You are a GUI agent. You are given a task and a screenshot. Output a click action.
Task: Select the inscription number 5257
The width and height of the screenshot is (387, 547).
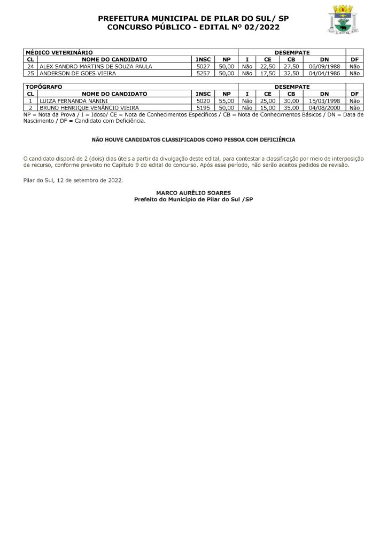tap(203, 74)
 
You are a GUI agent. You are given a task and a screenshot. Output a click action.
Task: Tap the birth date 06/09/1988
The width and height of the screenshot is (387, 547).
tap(324, 67)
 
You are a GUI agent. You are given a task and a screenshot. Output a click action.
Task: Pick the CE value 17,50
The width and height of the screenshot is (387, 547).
tap(267, 74)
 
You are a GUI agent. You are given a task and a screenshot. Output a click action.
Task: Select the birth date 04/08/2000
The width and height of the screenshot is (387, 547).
tap(324, 107)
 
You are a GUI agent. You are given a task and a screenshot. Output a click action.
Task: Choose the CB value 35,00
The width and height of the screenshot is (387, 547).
tap(291, 107)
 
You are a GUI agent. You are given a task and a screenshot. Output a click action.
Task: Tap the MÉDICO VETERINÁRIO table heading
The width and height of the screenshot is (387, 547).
tap(59, 53)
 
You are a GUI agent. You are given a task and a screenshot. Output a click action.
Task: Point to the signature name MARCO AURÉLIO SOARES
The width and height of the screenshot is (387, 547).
tap(193, 192)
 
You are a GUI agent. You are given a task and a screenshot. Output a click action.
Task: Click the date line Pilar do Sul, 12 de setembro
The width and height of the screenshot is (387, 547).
tap(73, 180)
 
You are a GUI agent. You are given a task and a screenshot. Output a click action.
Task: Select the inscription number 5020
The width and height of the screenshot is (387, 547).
tap(203, 100)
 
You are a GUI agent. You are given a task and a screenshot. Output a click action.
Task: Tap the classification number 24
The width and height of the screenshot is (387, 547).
tap(30, 67)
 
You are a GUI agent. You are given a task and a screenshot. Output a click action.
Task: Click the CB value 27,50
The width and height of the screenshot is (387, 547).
tap(291, 67)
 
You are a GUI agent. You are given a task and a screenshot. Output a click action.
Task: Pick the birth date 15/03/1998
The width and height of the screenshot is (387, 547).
tap(324, 100)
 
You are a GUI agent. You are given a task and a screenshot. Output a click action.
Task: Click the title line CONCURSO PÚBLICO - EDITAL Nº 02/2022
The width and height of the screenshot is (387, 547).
tap(193, 27)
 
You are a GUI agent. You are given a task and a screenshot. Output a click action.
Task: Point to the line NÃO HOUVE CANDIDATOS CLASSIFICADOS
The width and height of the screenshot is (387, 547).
tap(193, 139)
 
